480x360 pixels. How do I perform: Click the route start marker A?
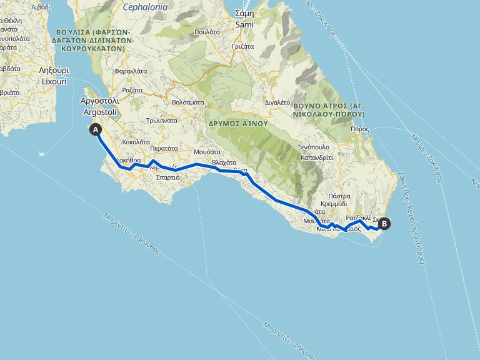(96, 129)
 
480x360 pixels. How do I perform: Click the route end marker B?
(384, 222)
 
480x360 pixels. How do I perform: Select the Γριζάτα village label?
(242, 46)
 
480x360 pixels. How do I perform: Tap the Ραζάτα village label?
(132, 90)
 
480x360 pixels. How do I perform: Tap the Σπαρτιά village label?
(167, 177)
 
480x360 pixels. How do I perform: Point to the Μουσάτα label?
(207, 151)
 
